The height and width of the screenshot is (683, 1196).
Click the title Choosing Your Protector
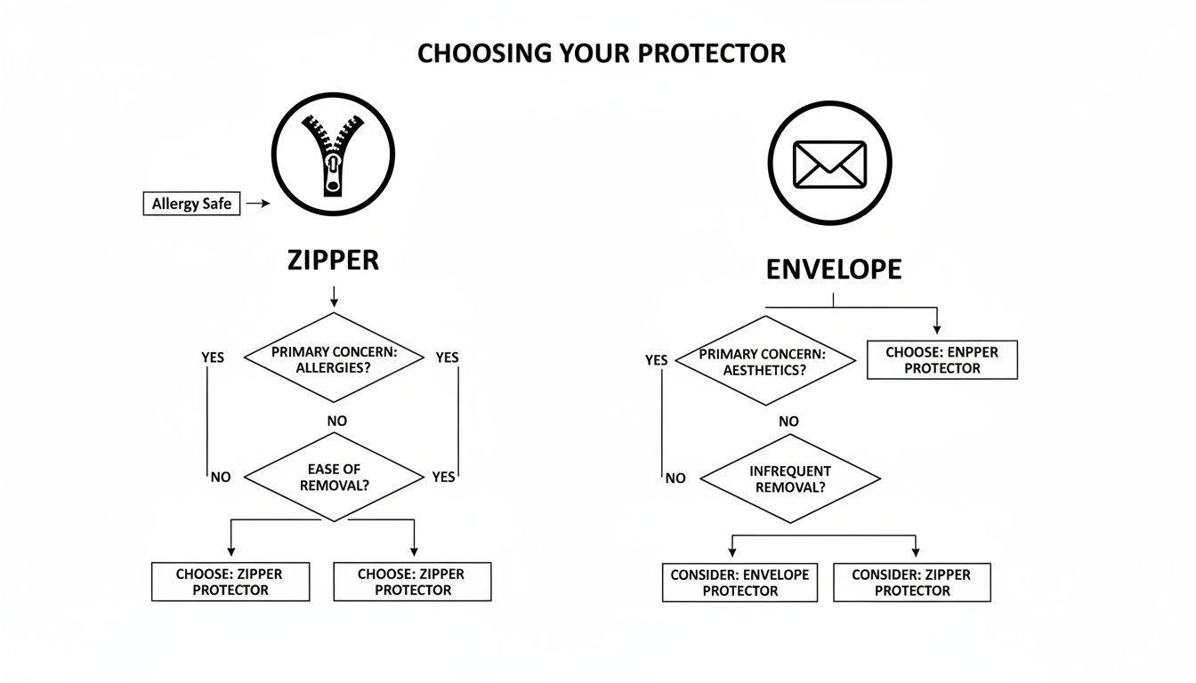click(601, 53)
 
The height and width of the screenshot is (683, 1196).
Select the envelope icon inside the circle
click(829, 164)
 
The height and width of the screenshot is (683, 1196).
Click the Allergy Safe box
click(191, 204)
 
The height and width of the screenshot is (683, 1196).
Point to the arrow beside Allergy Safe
click(258, 204)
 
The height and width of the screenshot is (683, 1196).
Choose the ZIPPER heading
click(333, 260)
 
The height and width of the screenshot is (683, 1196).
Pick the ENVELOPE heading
click(833, 269)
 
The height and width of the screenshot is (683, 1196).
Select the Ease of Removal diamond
click(334, 477)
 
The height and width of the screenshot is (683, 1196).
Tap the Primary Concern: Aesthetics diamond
click(763, 361)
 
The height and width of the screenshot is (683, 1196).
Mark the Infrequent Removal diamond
click(790, 478)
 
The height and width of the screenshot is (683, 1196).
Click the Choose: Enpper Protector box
click(941, 360)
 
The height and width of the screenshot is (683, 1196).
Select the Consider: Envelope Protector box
click(739, 583)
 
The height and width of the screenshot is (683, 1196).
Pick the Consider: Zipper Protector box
click(912, 583)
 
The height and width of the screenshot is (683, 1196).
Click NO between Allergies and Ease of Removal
click(337, 420)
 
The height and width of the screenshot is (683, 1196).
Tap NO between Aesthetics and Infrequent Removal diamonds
click(788, 422)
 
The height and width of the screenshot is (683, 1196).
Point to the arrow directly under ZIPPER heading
click(333, 297)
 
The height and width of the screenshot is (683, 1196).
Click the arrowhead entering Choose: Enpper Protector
click(936, 330)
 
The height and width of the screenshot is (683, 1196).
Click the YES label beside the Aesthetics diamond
click(656, 360)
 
